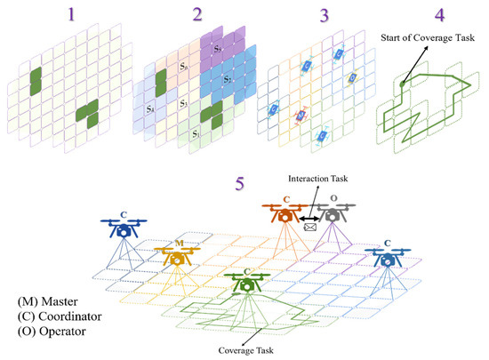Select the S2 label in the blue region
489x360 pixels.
(228, 81)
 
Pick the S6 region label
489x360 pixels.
(183, 67)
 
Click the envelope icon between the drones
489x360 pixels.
(310, 228)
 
